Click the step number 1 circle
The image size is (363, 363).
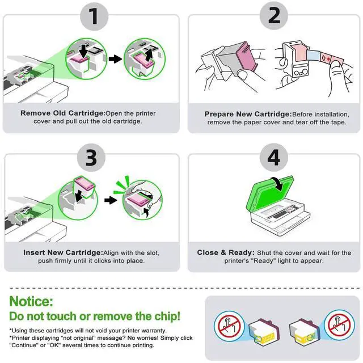(94, 16)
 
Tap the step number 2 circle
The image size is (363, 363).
(274, 15)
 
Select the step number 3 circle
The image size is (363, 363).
(91, 158)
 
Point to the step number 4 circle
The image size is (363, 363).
(274, 157)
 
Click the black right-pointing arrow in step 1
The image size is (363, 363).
(115, 59)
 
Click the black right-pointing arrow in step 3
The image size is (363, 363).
(111, 200)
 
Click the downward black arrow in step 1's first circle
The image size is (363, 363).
(83, 51)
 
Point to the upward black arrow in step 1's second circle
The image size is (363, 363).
(149, 54)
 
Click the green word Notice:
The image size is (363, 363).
(31, 301)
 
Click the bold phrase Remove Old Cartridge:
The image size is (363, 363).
(63, 113)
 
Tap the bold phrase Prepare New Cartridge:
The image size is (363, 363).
(248, 114)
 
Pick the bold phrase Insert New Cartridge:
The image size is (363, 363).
(63, 252)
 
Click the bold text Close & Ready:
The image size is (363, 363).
(226, 252)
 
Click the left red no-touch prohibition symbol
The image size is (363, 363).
(229, 326)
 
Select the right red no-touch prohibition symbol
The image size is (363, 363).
(339, 325)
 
